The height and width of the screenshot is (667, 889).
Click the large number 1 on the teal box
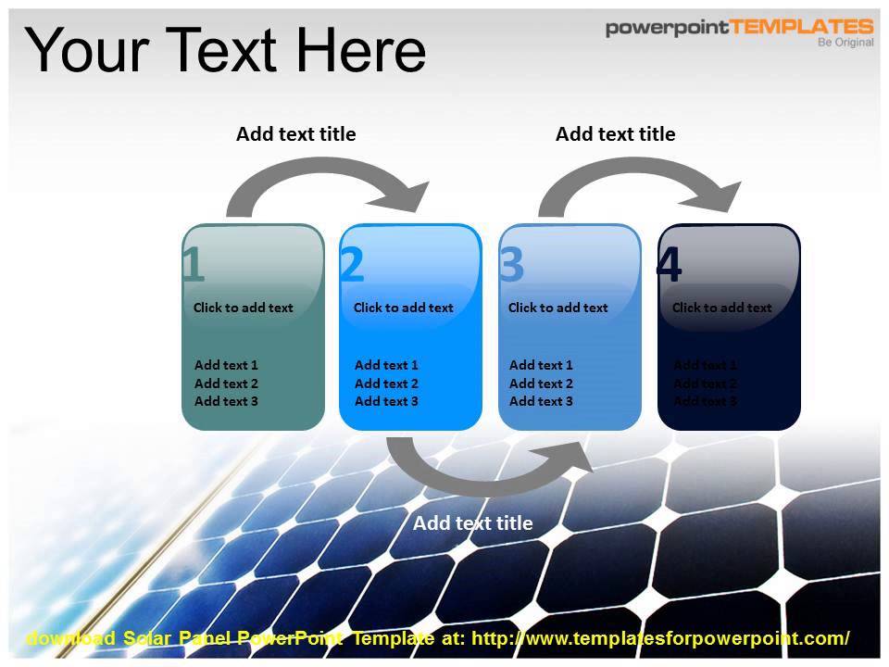(x=193, y=266)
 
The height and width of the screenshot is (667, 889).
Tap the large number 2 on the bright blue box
(x=352, y=266)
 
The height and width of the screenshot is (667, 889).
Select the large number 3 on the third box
(x=511, y=266)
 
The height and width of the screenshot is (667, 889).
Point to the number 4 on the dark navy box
(x=669, y=266)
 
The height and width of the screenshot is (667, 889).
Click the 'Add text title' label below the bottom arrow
(x=472, y=523)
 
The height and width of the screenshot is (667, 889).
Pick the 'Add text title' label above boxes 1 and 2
(x=295, y=134)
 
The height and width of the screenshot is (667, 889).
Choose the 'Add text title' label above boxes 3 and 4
(x=615, y=134)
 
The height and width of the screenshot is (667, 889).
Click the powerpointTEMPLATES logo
(x=738, y=28)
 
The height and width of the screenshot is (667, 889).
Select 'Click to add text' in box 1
(x=243, y=308)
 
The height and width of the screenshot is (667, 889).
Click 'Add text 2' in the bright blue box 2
(x=386, y=384)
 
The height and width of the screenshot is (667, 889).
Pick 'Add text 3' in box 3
(x=541, y=401)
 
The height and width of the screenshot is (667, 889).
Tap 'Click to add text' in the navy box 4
(x=721, y=308)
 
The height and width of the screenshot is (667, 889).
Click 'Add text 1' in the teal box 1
(x=226, y=365)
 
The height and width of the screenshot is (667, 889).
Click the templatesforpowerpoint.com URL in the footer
(x=660, y=638)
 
